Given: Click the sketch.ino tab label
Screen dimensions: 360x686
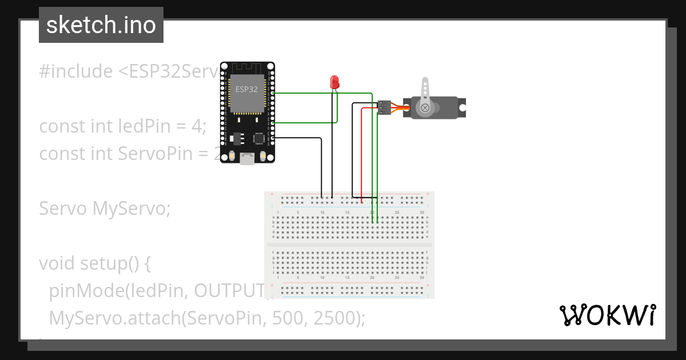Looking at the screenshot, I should (x=101, y=25).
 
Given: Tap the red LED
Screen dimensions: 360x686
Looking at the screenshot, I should (x=334, y=82).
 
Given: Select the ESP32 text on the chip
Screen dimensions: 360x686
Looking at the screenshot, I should (x=246, y=90).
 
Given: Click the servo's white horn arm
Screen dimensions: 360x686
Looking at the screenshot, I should (x=425, y=91).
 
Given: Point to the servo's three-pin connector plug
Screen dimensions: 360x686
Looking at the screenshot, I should (x=385, y=107).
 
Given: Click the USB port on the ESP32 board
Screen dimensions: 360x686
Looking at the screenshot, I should (x=247, y=159).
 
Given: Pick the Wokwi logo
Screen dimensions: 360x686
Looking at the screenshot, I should (x=607, y=315).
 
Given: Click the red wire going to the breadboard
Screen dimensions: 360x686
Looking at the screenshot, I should (x=362, y=154).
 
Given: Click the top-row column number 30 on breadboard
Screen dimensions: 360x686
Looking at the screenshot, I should (x=421, y=213).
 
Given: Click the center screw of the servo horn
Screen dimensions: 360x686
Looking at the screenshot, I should (x=425, y=107).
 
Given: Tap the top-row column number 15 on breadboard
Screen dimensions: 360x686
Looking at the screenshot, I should (x=347, y=213).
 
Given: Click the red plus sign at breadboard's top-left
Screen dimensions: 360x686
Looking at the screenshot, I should (x=272, y=194).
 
